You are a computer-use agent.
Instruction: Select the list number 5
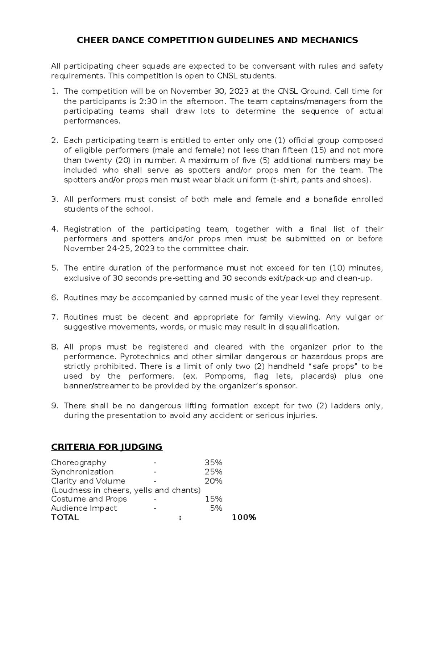click(54, 268)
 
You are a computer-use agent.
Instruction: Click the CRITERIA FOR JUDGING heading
click(107, 447)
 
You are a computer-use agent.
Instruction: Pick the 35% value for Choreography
click(214, 463)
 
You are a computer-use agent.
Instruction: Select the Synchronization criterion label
click(82, 472)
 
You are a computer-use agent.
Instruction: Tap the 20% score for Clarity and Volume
click(214, 481)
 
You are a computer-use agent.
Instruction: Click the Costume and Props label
click(89, 499)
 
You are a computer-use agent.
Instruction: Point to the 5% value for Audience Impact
click(216, 508)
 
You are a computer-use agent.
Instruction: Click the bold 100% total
click(244, 518)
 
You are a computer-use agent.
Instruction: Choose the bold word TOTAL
click(65, 518)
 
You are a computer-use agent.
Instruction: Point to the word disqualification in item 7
click(308, 327)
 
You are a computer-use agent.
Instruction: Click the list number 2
click(54, 140)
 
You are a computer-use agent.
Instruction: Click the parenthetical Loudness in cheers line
click(126, 490)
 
